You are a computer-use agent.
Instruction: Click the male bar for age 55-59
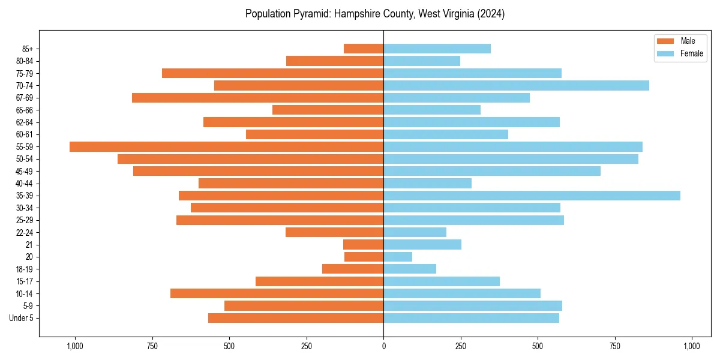(226, 146)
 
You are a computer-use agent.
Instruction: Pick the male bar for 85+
(364, 49)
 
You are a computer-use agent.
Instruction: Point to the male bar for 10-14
(277, 293)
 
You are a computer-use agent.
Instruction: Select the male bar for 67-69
(257, 98)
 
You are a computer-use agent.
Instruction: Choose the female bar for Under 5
(471, 318)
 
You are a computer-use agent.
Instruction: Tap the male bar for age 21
(363, 245)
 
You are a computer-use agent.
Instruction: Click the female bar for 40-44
(427, 183)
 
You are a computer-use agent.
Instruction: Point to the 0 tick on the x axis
(383, 346)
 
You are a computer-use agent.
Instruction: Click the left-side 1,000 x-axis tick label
(75, 346)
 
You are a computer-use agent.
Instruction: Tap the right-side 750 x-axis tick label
(614, 346)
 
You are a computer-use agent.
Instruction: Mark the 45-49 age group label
(25, 171)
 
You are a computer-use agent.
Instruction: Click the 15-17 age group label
(25, 281)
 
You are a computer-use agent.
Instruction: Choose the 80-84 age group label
(25, 61)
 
